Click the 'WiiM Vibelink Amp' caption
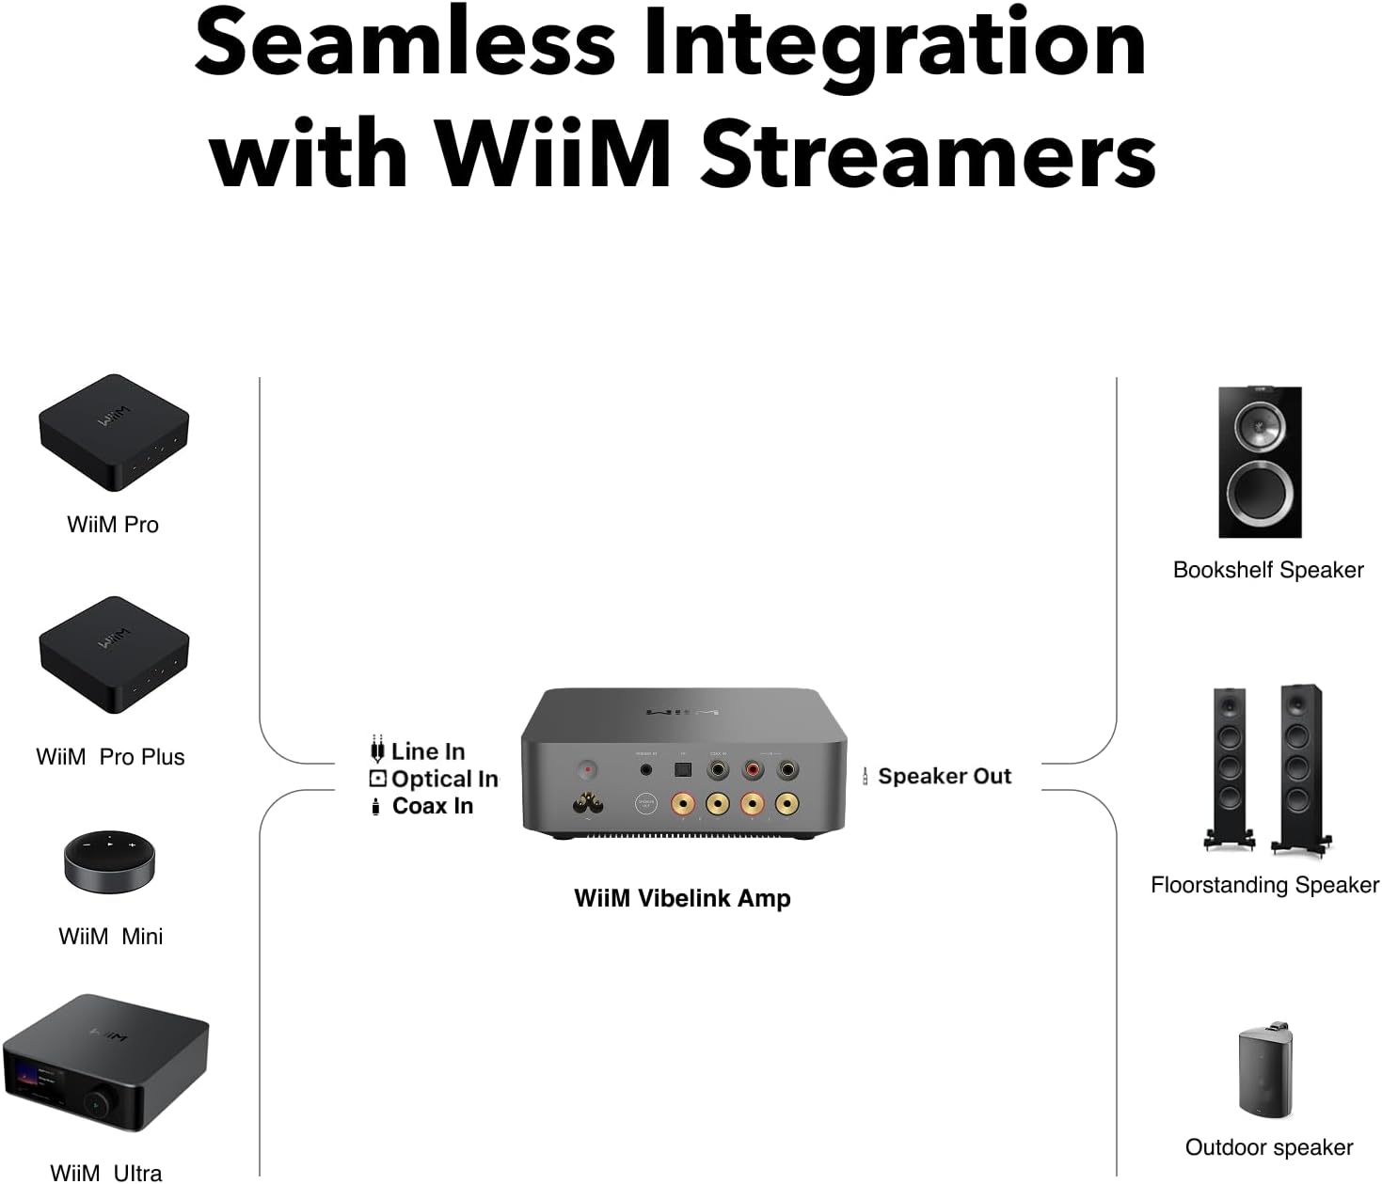tap(682, 898)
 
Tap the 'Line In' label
tap(428, 751)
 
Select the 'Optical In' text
tap(444, 779)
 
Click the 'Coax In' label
tap(432, 806)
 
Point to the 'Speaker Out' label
tap(944, 776)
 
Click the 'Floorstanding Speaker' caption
tap(1264, 885)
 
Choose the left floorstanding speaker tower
tap(1229, 766)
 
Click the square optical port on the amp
tap(681, 769)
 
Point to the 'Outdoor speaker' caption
tap(1268, 1147)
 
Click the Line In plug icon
tap(377, 750)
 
